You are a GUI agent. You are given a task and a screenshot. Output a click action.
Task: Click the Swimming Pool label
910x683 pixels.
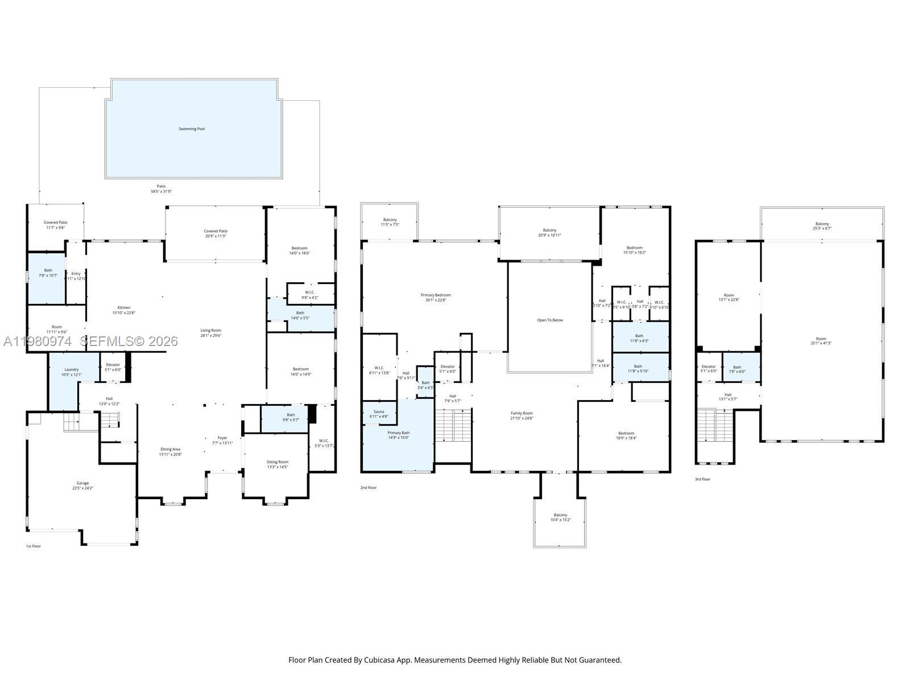tap(192, 129)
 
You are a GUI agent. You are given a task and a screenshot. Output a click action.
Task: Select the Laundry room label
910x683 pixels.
tap(72, 369)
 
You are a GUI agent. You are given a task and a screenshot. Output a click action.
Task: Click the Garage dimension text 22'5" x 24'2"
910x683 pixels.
tap(82, 488)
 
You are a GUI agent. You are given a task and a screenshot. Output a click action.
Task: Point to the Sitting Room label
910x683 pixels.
tap(278, 462)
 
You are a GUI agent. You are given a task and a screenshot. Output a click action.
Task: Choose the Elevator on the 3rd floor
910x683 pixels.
tap(709, 367)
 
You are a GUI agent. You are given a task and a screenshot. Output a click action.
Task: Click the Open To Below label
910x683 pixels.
tap(550, 320)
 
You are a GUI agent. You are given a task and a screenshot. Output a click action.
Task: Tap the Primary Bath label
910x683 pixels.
tap(399, 433)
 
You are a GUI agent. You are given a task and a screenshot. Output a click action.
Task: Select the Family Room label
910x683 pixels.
tap(522, 413)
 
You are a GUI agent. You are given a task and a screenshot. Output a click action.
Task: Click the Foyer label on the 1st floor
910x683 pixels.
tap(222, 438)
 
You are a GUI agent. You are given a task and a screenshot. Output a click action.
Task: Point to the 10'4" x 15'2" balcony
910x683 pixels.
tap(560, 517)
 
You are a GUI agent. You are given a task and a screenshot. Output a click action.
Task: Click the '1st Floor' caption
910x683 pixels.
tap(34, 546)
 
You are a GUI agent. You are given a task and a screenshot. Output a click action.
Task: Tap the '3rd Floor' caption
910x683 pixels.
tap(702, 479)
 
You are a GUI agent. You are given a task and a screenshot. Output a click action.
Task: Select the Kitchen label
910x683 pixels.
tap(123, 308)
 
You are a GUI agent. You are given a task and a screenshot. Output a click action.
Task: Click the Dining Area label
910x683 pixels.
tap(170, 450)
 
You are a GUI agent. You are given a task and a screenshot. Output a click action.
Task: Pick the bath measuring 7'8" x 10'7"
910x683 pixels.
tap(48, 273)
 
